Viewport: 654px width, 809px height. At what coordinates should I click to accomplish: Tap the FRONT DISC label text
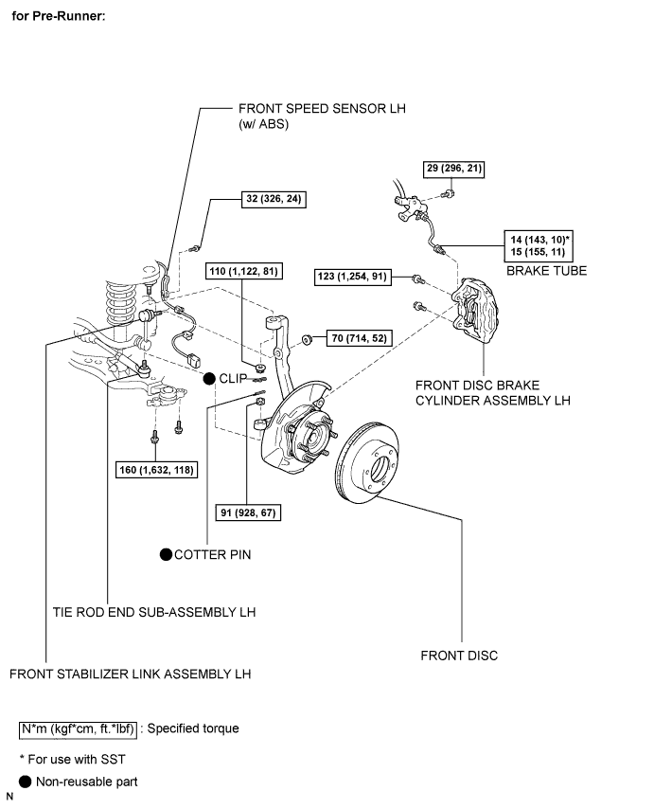460,656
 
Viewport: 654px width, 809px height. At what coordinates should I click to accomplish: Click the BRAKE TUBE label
546,270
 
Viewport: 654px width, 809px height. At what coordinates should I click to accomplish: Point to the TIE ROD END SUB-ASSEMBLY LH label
154,612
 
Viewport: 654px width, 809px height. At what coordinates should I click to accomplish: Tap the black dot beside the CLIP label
209,377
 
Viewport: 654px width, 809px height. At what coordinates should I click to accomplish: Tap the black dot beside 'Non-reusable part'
25,782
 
